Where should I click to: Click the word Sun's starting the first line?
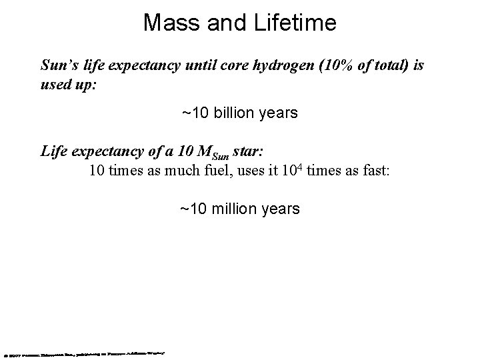[58, 66]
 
